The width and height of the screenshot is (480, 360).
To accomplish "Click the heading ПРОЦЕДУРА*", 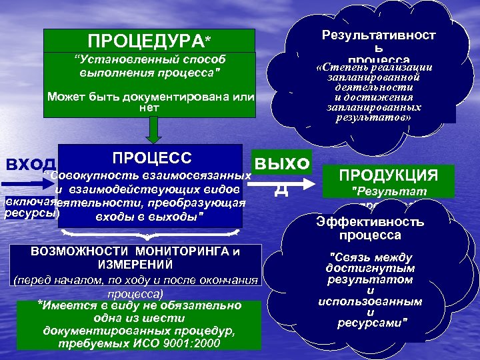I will click(149, 42).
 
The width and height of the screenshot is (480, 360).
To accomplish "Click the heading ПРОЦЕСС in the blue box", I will click(152, 158).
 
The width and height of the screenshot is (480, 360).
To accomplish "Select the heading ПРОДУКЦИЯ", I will click(388, 176).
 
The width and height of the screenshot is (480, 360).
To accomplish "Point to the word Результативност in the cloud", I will click(379, 35).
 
